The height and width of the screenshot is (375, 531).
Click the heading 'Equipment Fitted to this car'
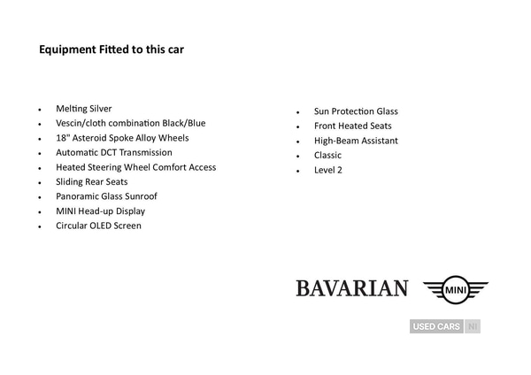(111, 50)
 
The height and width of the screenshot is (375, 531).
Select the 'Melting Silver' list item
(83, 109)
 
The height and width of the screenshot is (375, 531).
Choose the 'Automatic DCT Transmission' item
(115, 152)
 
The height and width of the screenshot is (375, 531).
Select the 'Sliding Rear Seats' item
(91, 181)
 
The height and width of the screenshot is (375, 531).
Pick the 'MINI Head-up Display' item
(100, 211)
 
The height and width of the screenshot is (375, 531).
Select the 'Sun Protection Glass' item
(356, 111)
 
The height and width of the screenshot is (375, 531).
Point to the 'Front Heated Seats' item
(352, 126)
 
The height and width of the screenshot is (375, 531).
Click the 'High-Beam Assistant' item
(356, 141)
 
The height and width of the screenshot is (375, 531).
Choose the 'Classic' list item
(327, 156)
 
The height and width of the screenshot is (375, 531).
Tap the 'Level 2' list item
(327, 170)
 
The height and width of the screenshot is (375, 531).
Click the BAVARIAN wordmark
(351, 288)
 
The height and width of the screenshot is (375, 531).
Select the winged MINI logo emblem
(455, 288)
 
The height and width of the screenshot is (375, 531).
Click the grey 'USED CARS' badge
(436, 326)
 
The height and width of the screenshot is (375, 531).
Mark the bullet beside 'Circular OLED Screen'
(40, 227)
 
